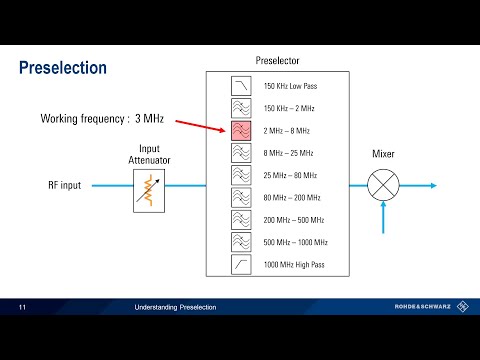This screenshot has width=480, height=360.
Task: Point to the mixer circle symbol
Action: tap(382, 186)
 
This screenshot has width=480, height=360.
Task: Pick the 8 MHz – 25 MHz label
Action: tap(288, 153)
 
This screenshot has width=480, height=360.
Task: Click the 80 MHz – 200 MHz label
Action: tap(291, 198)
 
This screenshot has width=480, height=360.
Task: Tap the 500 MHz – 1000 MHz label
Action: tap(295, 242)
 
